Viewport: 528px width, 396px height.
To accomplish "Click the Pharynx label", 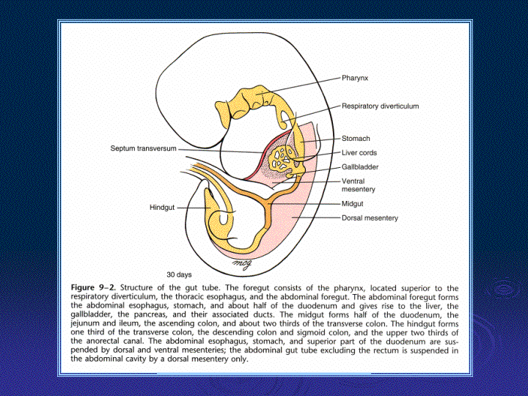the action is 355,78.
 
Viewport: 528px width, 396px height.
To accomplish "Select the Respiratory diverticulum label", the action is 380,106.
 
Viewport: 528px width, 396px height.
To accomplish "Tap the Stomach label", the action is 356,139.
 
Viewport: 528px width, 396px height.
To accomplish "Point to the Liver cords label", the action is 359,153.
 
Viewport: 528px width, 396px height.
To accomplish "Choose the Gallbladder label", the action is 360,167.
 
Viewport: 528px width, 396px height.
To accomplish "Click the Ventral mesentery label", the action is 359,186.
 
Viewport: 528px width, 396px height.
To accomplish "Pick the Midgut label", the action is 352,204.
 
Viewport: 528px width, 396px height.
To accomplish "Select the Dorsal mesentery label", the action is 370,218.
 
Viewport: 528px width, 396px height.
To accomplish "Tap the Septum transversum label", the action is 144,148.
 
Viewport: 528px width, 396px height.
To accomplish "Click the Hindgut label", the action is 162,208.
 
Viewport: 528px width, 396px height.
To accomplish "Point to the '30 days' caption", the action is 179,274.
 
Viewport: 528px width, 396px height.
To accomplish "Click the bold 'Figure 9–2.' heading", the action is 93,287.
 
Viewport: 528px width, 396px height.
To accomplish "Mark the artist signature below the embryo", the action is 243,264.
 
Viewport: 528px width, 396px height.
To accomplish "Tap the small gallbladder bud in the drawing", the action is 290,175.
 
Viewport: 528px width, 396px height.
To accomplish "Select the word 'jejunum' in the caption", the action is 85,323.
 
